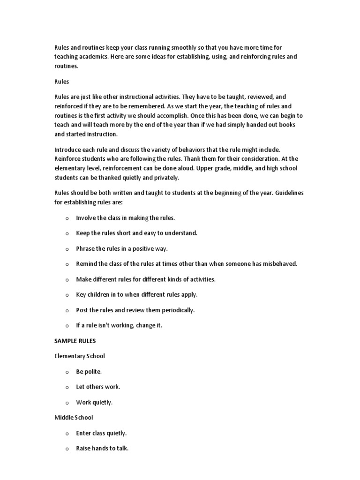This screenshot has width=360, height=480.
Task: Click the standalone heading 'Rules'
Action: click(62, 82)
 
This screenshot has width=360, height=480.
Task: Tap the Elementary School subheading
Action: click(80, 356)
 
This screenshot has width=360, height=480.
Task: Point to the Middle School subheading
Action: click(74, 418)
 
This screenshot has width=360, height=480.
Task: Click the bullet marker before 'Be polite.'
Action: click(67, 372)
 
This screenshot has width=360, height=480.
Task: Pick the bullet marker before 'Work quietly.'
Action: click(67, 403)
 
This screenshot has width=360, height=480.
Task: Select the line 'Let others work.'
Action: click(98, 387)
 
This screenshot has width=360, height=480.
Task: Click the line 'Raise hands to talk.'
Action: click(102, 449)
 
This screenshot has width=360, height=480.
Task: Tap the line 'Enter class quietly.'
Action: click(101, 433)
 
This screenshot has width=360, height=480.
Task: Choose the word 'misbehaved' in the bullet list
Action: click(280, 264)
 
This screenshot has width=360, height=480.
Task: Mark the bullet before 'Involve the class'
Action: click(67, 218)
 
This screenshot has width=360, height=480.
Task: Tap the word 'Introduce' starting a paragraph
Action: click(68, 150)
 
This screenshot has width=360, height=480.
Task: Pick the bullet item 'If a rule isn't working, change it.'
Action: click(119, 325)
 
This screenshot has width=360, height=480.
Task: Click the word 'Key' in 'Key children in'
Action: click(81, 295)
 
